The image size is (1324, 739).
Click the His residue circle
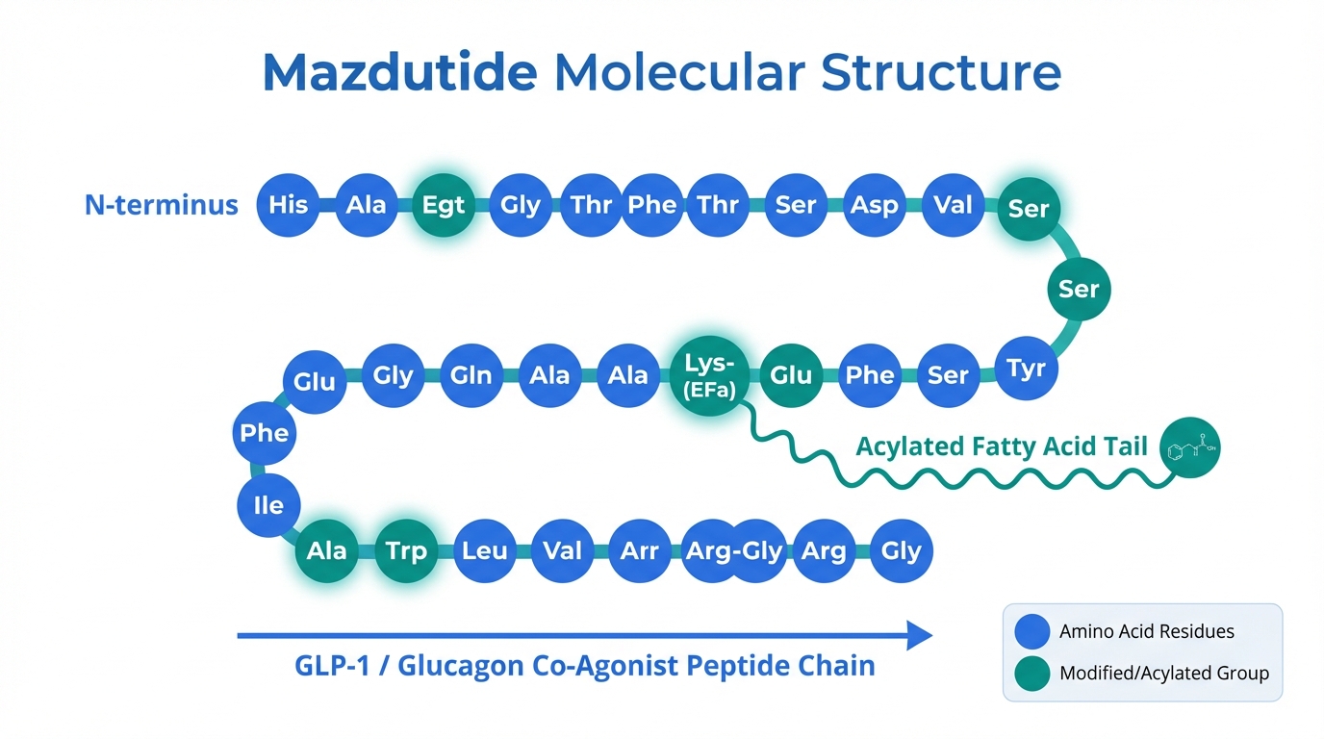pos(289,205)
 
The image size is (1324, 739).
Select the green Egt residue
pos(444,205)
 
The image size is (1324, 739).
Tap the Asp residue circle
pos(874,205)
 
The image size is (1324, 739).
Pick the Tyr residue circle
pos(1026,369)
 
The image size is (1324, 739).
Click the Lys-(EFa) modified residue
pos(710,375)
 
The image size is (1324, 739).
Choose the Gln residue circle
pos(471,375)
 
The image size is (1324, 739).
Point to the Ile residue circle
pos(268,504)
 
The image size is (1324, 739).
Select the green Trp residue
pos(405,551)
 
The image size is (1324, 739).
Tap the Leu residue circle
pos(484,551)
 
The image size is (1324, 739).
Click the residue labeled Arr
pos(640,551)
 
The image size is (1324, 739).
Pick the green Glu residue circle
pos(791,375)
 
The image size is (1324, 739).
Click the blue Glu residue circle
pos(315,382)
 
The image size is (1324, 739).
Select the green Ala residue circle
pos(327,551)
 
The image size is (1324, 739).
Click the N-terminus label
pos(162,205)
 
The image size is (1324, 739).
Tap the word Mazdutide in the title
pos(399,72)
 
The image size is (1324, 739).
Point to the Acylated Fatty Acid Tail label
pos(1002,446)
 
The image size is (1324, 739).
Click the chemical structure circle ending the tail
pos(1189,447)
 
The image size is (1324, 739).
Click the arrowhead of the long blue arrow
pos(919,635)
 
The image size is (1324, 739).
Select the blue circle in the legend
pos(1032,631)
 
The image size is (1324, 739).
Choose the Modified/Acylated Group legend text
pos(1163,674)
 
